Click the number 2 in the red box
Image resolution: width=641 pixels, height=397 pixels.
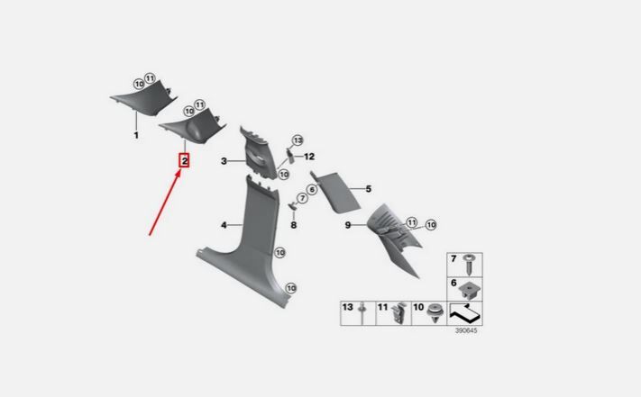tap(185, 161)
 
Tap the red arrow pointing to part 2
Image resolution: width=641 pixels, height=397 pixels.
tap(165, 203)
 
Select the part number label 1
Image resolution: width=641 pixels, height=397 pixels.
tap(136, 135)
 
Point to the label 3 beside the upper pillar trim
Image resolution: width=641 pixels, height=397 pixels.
tap(224, 161)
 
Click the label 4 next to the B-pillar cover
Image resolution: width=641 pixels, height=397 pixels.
tap(224, 225)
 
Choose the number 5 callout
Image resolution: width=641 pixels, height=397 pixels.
tap(369, 189)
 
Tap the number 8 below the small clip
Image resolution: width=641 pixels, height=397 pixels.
tap(294, 225)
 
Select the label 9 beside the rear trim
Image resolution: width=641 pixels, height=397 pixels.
tap(347, 225)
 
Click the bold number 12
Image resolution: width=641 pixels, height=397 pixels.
tap(309, 157)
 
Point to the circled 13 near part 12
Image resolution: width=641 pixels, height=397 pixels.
tap(298, 140)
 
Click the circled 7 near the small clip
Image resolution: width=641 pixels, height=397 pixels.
tap(303, 198)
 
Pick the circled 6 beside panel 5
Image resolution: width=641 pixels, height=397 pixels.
tap(312, 189)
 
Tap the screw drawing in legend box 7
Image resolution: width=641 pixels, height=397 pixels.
tap(470, 265)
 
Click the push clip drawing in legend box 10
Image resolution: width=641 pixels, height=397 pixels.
tap(435, 313)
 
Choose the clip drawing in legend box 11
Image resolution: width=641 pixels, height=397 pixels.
tap(399, 313)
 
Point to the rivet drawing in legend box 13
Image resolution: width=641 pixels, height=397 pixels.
tap(362, 313)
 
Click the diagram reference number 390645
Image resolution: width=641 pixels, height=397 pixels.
tap(466, 330)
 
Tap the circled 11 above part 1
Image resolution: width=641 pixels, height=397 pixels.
tap(150, 78)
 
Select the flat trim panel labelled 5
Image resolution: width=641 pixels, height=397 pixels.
tap(336, 192)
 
